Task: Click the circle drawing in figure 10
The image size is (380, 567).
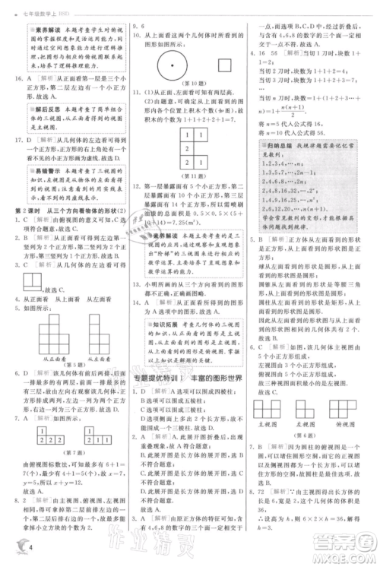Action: coord(174,66)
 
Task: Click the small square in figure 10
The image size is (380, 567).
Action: coord(224,66)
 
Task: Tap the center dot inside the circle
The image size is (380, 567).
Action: coord(174,66)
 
